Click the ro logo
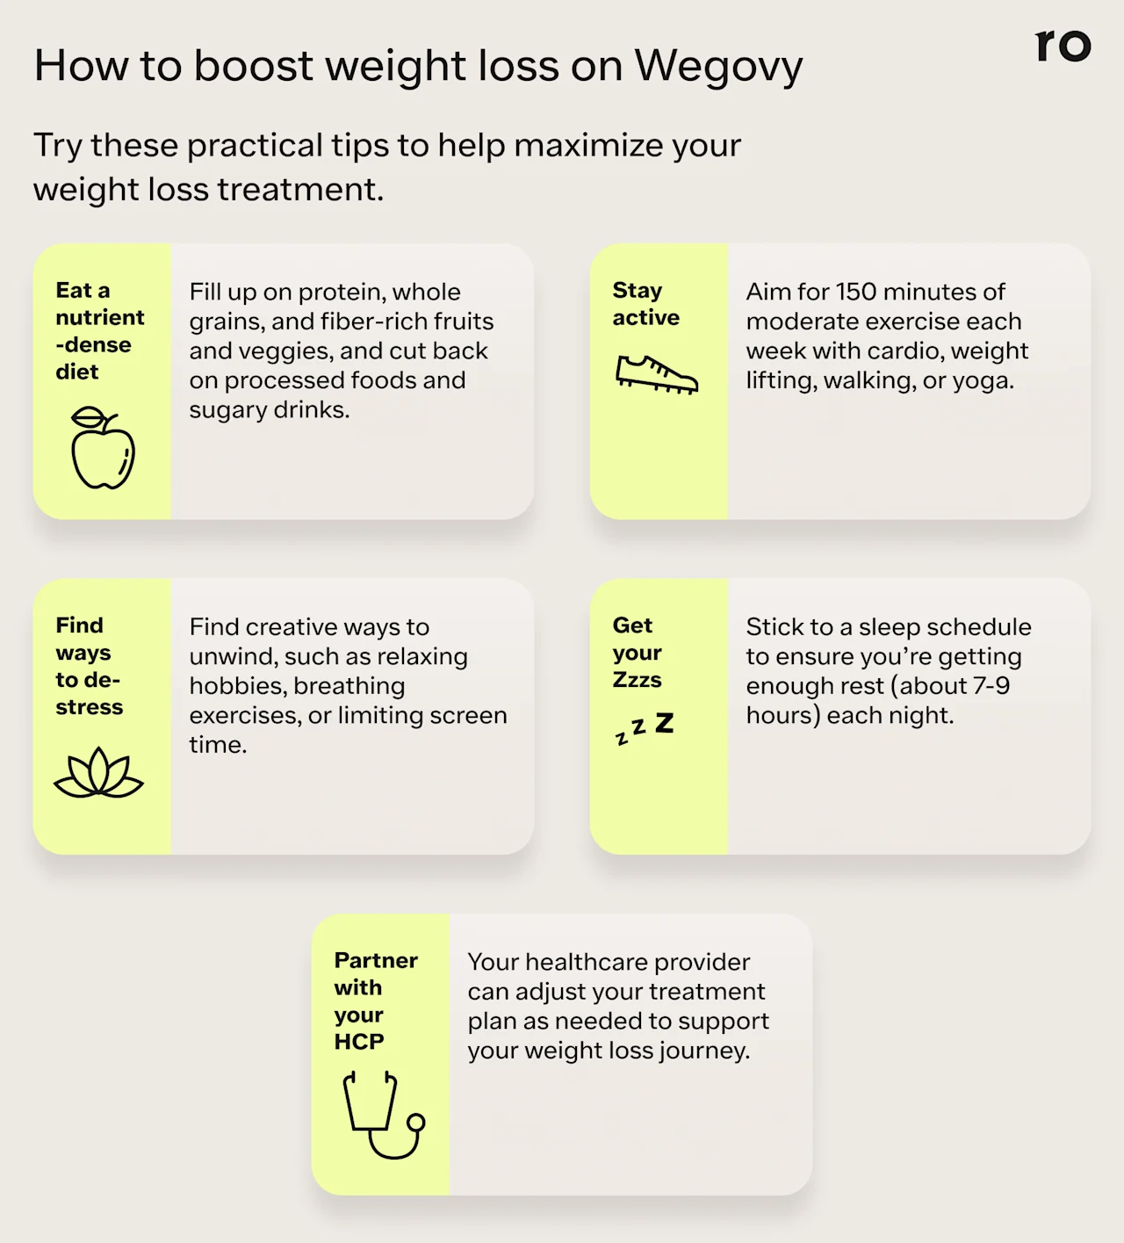coord(1063,45)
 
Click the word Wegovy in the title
coord(718,67)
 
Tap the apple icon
coord(103,448)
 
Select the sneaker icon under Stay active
coord(656,374)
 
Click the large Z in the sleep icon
coord(665,723)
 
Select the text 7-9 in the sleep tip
coord(991,685)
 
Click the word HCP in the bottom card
coord(359,1042)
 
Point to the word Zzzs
coord(638,680)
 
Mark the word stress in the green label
coord(89,707)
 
